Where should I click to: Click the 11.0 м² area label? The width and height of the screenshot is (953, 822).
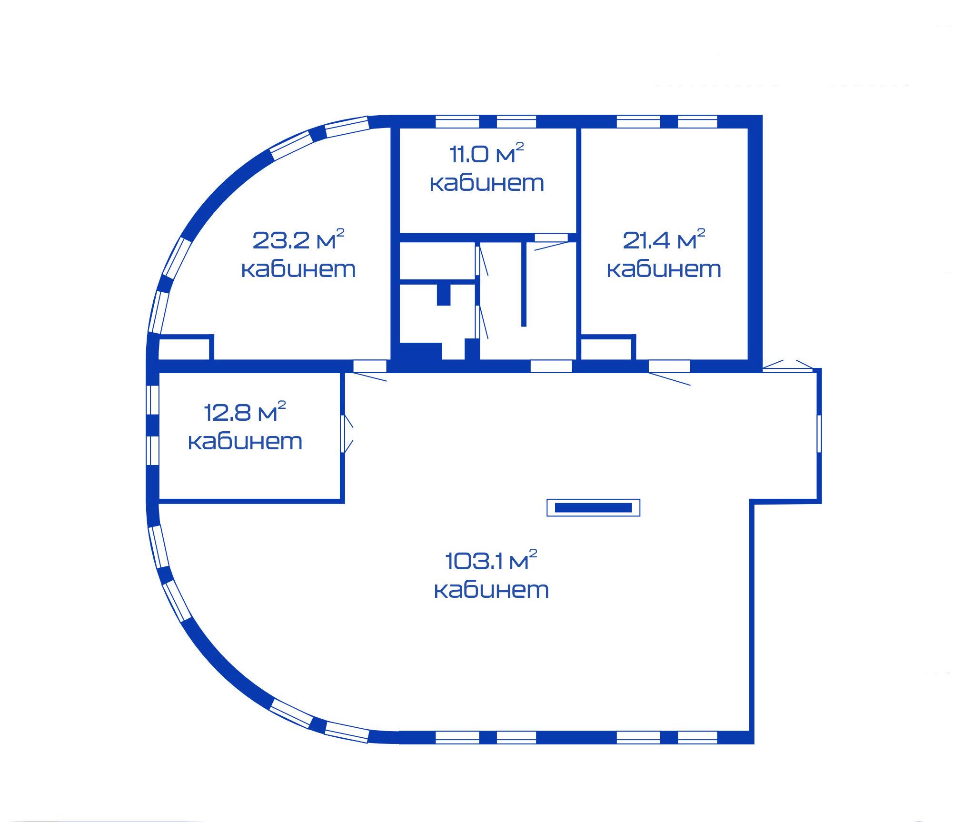coord(486,153)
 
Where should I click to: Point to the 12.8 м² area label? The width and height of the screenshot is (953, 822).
coord(245,412)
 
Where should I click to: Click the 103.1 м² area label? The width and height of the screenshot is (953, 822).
coord(491,560)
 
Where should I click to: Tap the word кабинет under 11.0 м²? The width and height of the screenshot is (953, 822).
coord(487,183)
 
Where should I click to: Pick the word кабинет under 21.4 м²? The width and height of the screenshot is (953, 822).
coord(664,269)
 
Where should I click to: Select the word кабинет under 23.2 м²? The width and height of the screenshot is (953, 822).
coord(298,269)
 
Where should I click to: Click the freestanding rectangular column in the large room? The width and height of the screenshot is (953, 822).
coord(593,507)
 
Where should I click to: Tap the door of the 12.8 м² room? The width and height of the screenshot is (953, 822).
coord(344,434)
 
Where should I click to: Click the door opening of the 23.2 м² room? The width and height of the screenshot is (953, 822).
coord(370,366)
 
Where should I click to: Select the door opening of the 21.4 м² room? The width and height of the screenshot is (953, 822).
coord(669,366)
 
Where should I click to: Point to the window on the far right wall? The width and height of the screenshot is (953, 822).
coord(819,434)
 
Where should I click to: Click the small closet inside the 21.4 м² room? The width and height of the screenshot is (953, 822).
coord(607,348)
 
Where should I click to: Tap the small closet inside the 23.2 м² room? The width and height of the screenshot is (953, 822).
coord(185,348)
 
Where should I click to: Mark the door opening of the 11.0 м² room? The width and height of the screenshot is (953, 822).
coord(551,238)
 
